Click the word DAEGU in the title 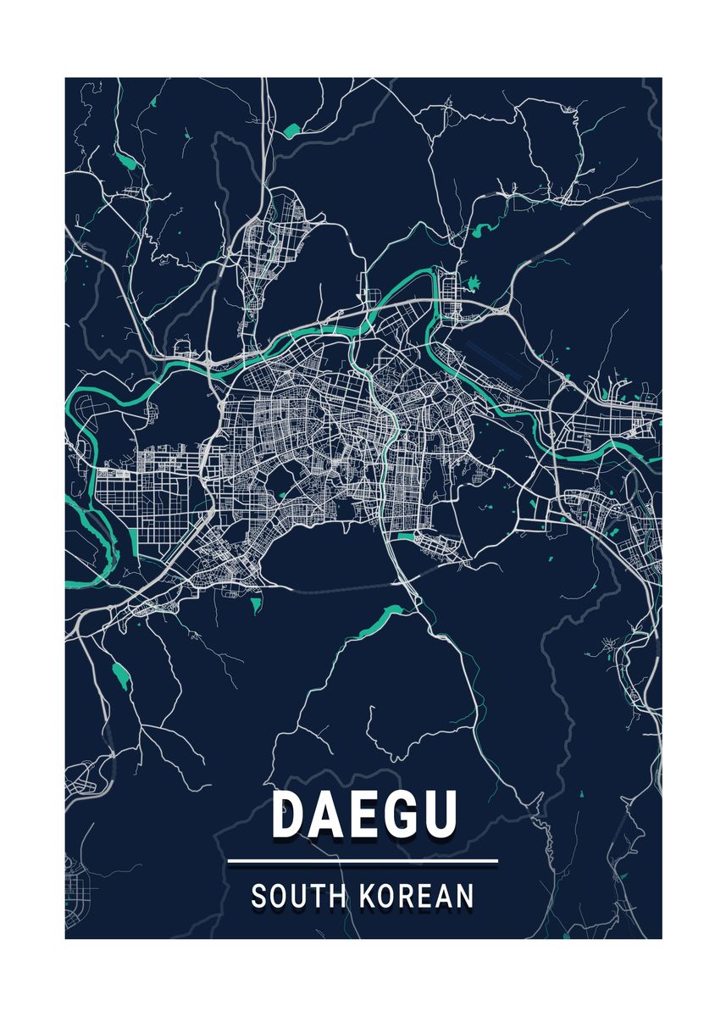(x=364, y=814)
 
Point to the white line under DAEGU (x=363, y=862)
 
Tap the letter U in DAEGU (x=440, y=814)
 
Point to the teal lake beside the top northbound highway (x=292, y=131)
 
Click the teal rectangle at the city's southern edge (x=406, y=536)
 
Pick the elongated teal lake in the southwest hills (x=119, y=675)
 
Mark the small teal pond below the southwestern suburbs (x=255, y=603)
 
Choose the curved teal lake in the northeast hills (x=484, y=228)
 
